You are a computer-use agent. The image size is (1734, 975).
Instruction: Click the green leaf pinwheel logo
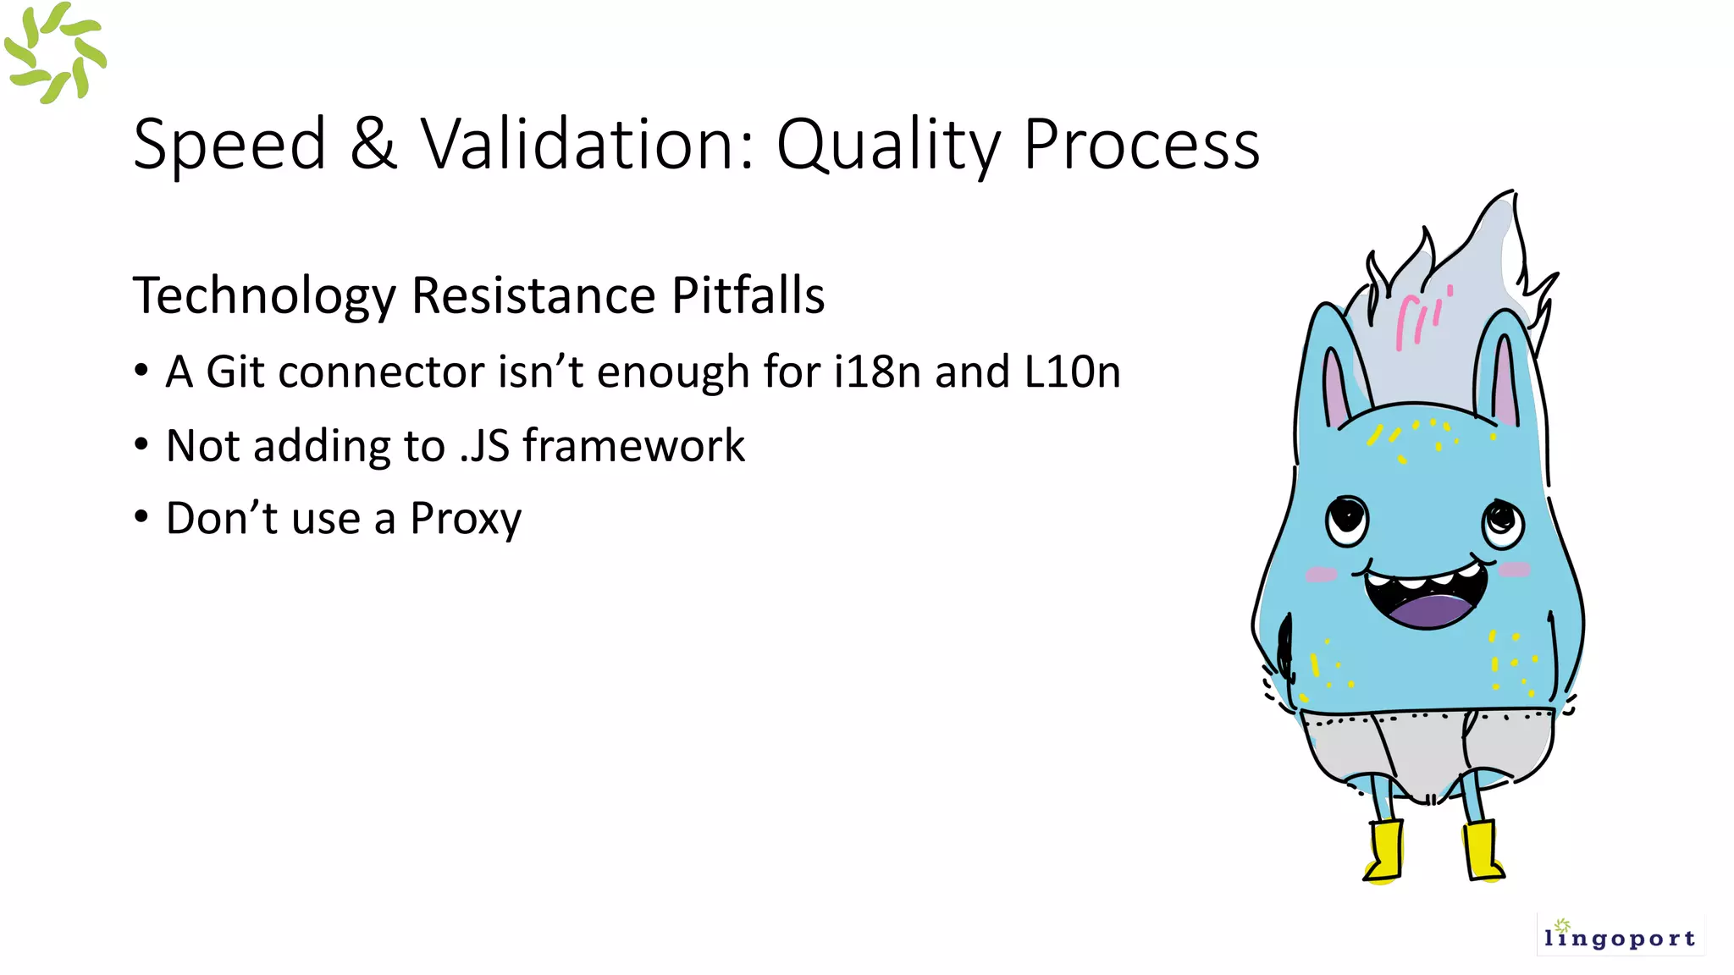(55, 53)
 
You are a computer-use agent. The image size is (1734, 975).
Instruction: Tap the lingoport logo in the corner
(1619, 934)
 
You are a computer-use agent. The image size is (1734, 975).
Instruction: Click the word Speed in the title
(229, 144)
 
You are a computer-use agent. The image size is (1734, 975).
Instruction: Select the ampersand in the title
(373, 144)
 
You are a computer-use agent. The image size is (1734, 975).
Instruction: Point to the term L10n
(1072, 372)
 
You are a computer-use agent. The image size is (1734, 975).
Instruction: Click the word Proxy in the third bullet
(466, 520)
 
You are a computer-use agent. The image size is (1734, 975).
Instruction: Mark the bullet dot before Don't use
(141, 516)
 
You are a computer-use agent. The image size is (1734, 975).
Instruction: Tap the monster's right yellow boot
(1483, 851)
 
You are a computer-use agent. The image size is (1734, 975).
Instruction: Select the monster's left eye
(1346, 518)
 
